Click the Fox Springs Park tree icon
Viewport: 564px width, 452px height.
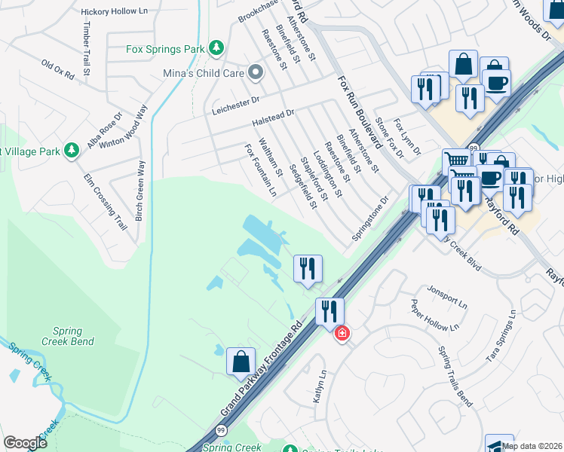(x=217, y=48)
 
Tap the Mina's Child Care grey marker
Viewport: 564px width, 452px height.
(x=256, y=73)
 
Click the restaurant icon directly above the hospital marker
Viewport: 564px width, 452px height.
(x=330, y=310)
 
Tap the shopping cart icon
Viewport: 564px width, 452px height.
(x=455, y=161)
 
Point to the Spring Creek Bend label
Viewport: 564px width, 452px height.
(x=73, y=336)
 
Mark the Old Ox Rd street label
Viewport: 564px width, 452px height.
(x=58, y=71)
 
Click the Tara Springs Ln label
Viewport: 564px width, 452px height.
(x=504, y=336)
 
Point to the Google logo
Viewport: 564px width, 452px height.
(x=26, y=443)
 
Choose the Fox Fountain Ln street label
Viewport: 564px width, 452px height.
(x=260, y=170)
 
